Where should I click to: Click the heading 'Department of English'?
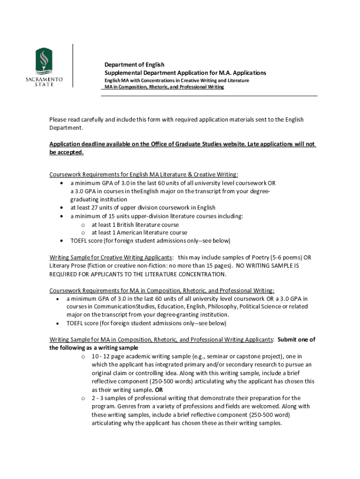pyautogui.click(x=134, y=65)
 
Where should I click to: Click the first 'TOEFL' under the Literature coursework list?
pyautogui.click(x=80, y=241)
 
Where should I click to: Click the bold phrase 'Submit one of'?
pyautogui.click(x=296, y=340)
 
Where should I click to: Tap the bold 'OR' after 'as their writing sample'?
pyautogui.click(x=159, y=390)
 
